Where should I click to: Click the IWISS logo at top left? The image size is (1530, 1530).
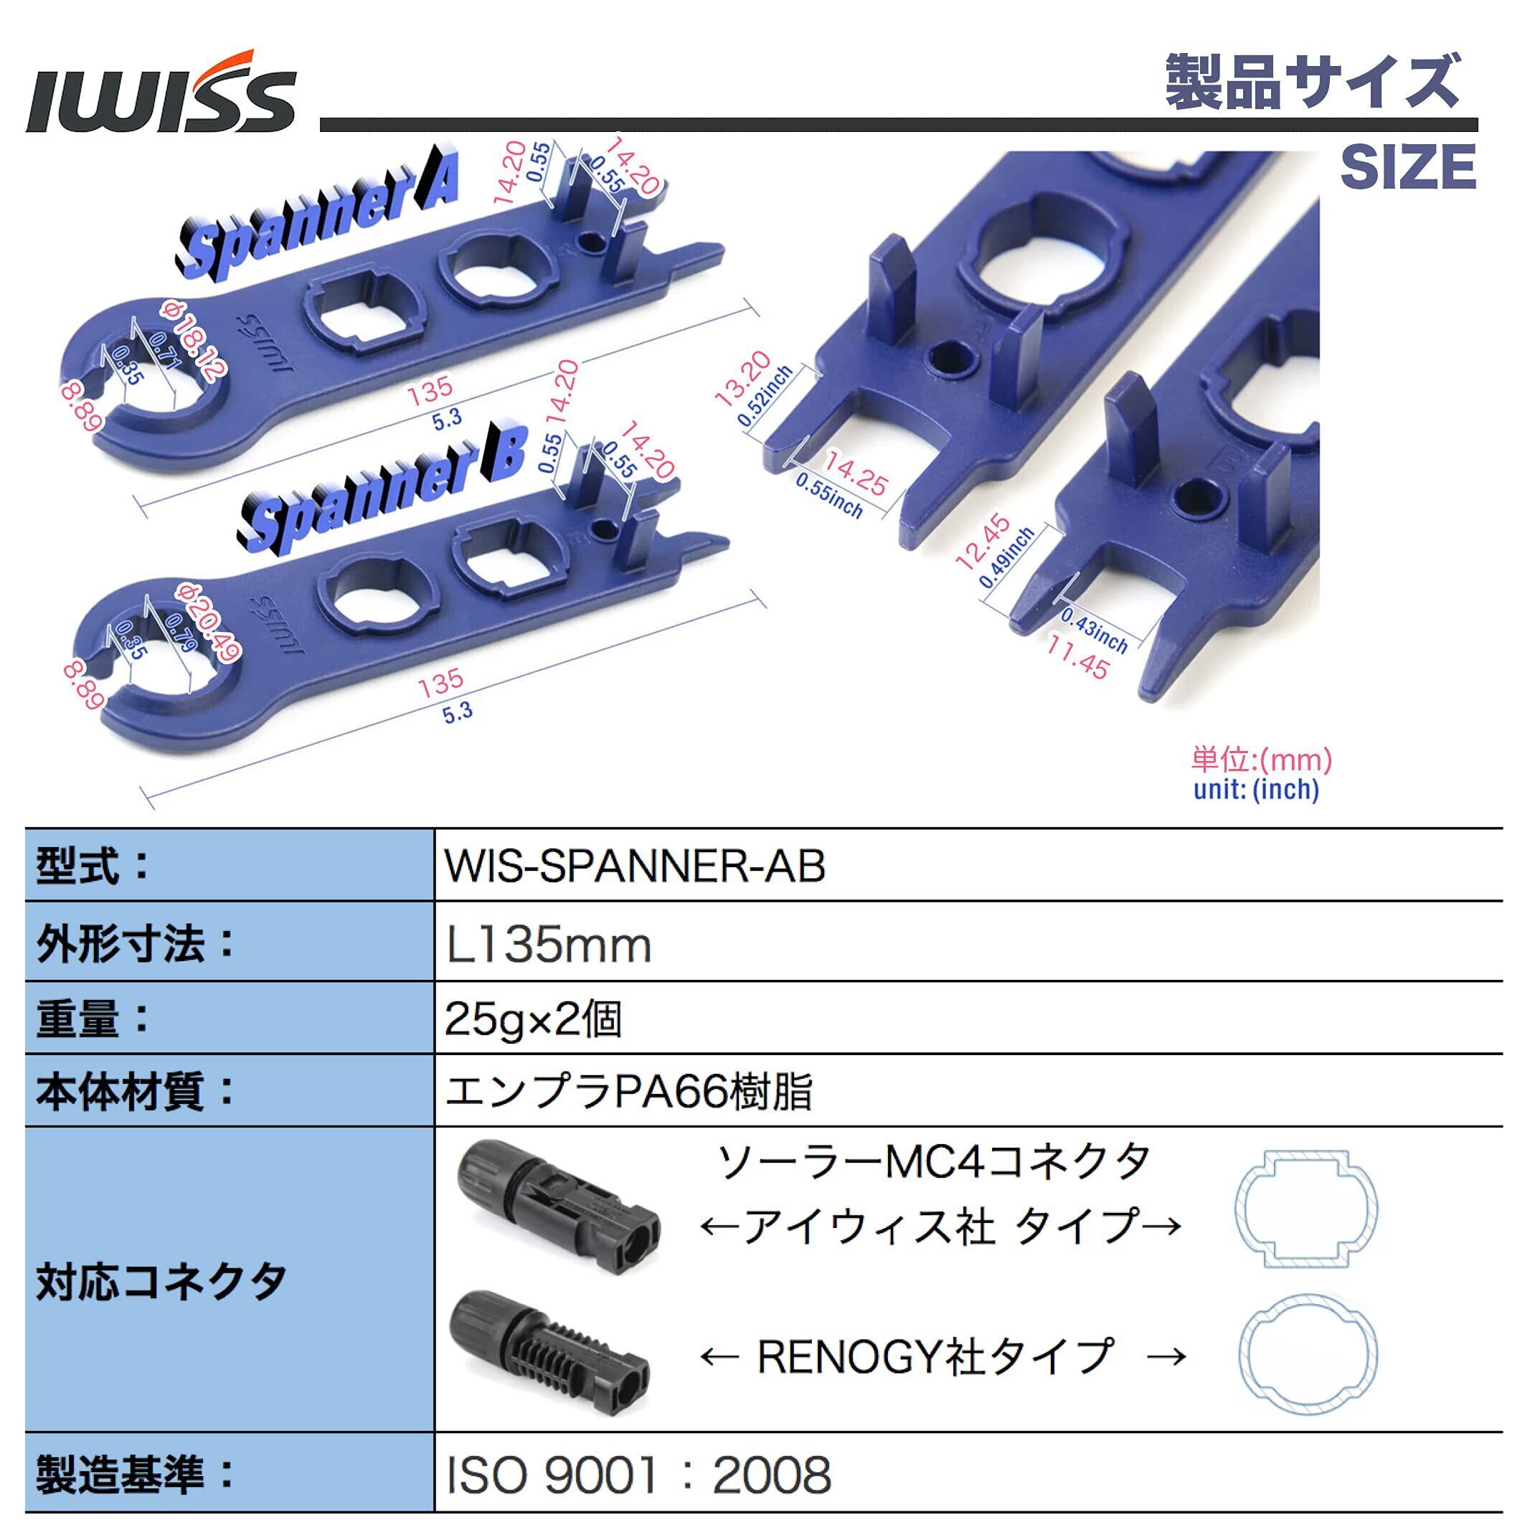(161, 92)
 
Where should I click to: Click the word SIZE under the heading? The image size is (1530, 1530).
(1407, 166)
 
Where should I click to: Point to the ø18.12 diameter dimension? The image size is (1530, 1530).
(194, 341)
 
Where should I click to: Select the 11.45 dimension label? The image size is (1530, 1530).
(1077, 656)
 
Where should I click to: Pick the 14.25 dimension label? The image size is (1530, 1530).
(856, 473)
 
